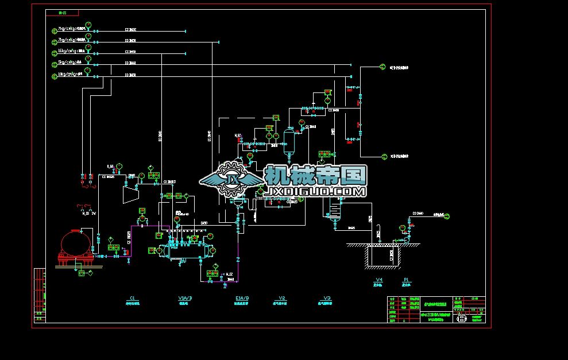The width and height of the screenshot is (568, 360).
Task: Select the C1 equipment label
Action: (x=132, y=299)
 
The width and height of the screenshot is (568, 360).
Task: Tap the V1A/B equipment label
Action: (x=185, y=299)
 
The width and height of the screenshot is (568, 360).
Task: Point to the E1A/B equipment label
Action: (x=242, y=299)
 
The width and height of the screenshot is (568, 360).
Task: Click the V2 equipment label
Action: (x=282, y=299)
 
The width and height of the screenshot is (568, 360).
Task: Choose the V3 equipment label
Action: (x=327, y=299)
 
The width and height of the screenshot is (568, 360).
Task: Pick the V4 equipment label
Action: (x=378, y=280)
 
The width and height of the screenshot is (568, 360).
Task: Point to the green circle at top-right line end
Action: (x=382, y=67)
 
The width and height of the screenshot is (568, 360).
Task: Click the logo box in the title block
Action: (x=461, y=319)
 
